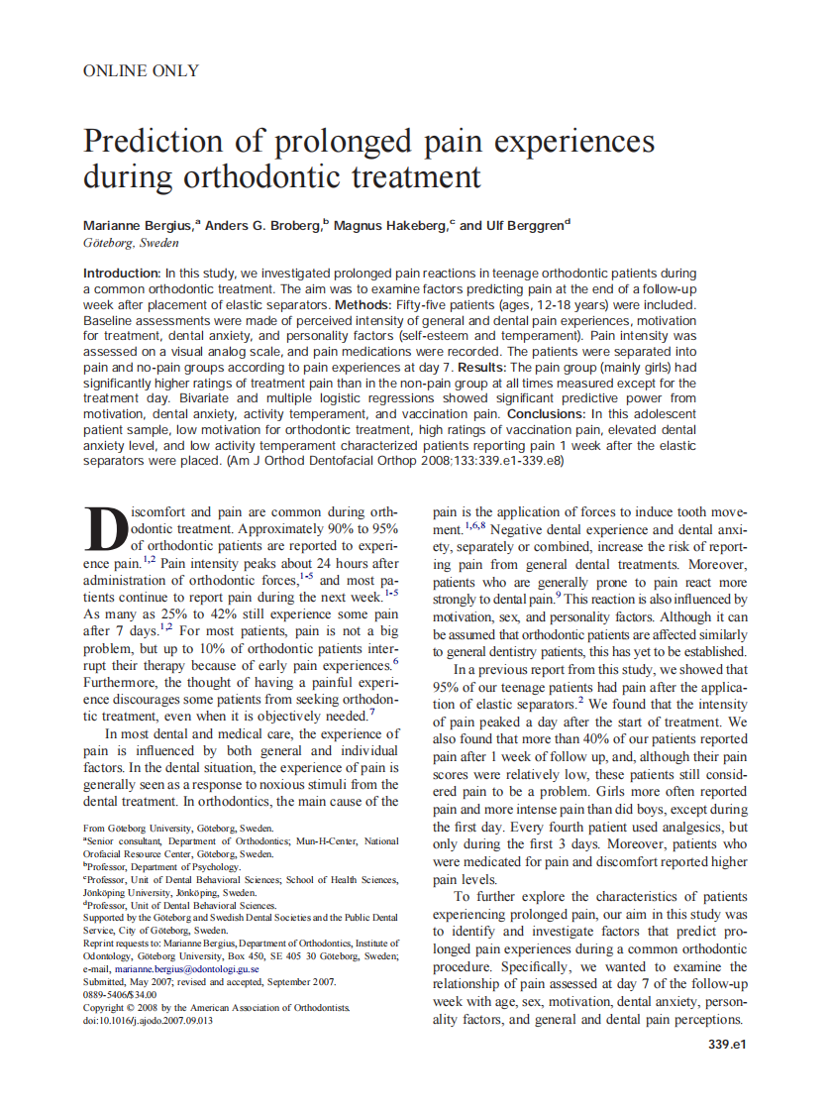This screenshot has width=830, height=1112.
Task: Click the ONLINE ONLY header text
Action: click(141, 70)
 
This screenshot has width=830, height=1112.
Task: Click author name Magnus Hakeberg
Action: click(389, 226)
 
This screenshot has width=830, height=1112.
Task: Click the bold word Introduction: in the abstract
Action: click(122, 273)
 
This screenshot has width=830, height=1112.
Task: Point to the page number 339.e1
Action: click(726, 1045)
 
